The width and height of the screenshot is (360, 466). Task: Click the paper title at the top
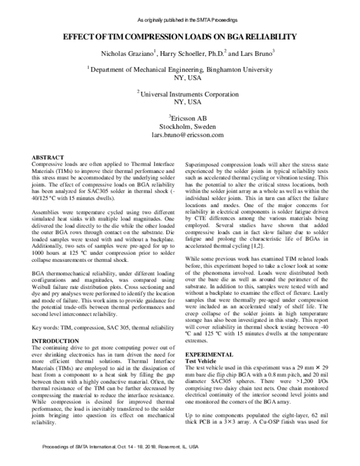click(x=180, y=37)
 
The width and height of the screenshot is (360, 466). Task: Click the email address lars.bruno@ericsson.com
click(x=181, y=136)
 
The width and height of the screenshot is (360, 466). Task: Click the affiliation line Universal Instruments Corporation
click(x=181, y=94)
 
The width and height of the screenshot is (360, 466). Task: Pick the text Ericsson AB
click(x=181, y=118)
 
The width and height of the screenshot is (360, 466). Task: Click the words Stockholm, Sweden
click(x=181, y=127)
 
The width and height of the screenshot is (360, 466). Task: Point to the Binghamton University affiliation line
click(x=181, y=70)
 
